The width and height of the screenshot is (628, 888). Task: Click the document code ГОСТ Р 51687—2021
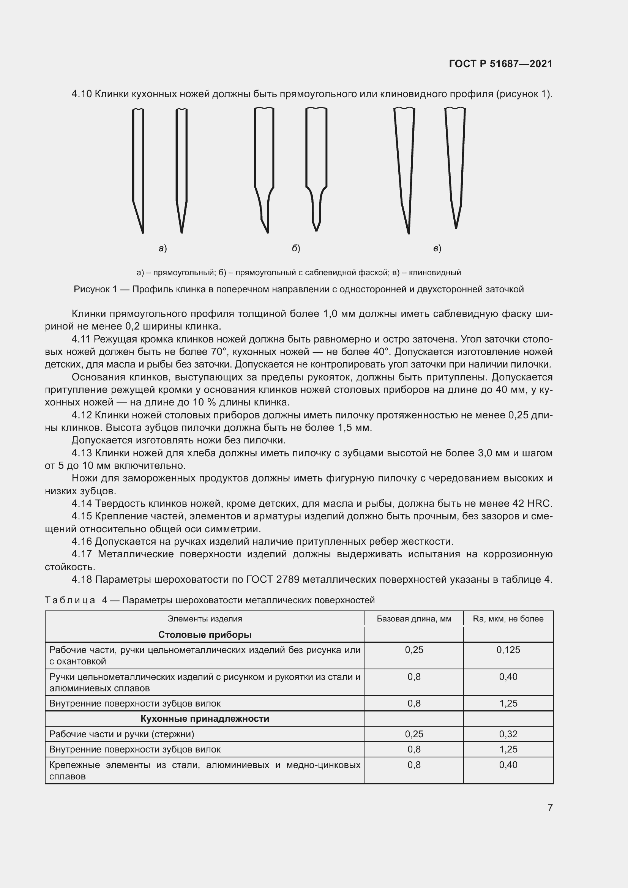pyautogui.click(x=500, y=64)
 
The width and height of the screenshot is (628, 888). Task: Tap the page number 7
pyautogui.click(x=550, y=808)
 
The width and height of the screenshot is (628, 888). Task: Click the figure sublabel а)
pyautogui.click(x=163, y=249)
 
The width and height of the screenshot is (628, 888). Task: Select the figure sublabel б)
pyautogui.click(x=296, y=249)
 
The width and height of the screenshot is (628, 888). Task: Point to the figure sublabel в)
pyautogui.click(x=437, y=249)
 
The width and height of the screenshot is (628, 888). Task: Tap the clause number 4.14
pyautogui.click(x=82, y=503)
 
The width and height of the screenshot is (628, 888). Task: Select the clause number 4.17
pyautogui.click(x=82, y=554)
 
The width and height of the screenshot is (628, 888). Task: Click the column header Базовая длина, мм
pyautogui.click(x=414, y=618)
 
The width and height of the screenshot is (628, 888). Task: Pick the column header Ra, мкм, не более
pyautogui.click(x=508, y=618)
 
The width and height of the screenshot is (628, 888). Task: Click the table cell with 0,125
pyautogui.click(x=508, y=650)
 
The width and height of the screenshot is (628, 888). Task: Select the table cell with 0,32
pyautogui.click(x=508, y=734)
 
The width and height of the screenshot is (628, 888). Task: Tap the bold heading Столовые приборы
pyautogui.click(x=205, y=635)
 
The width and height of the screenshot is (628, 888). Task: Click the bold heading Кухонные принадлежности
pyautogui.click(x=205, y=719)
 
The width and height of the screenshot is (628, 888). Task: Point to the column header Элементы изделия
pyautogui.click(x=205, y=618)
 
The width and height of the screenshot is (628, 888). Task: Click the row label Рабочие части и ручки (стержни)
pyautogui.click(x=121, y=734)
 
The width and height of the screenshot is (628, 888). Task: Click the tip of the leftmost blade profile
pyautogui.click(x=143, y=232)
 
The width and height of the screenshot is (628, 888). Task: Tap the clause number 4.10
pyautogui.click(x=82, y=94)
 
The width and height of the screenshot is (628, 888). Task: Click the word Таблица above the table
pyautogui.click(x=70, y=600)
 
